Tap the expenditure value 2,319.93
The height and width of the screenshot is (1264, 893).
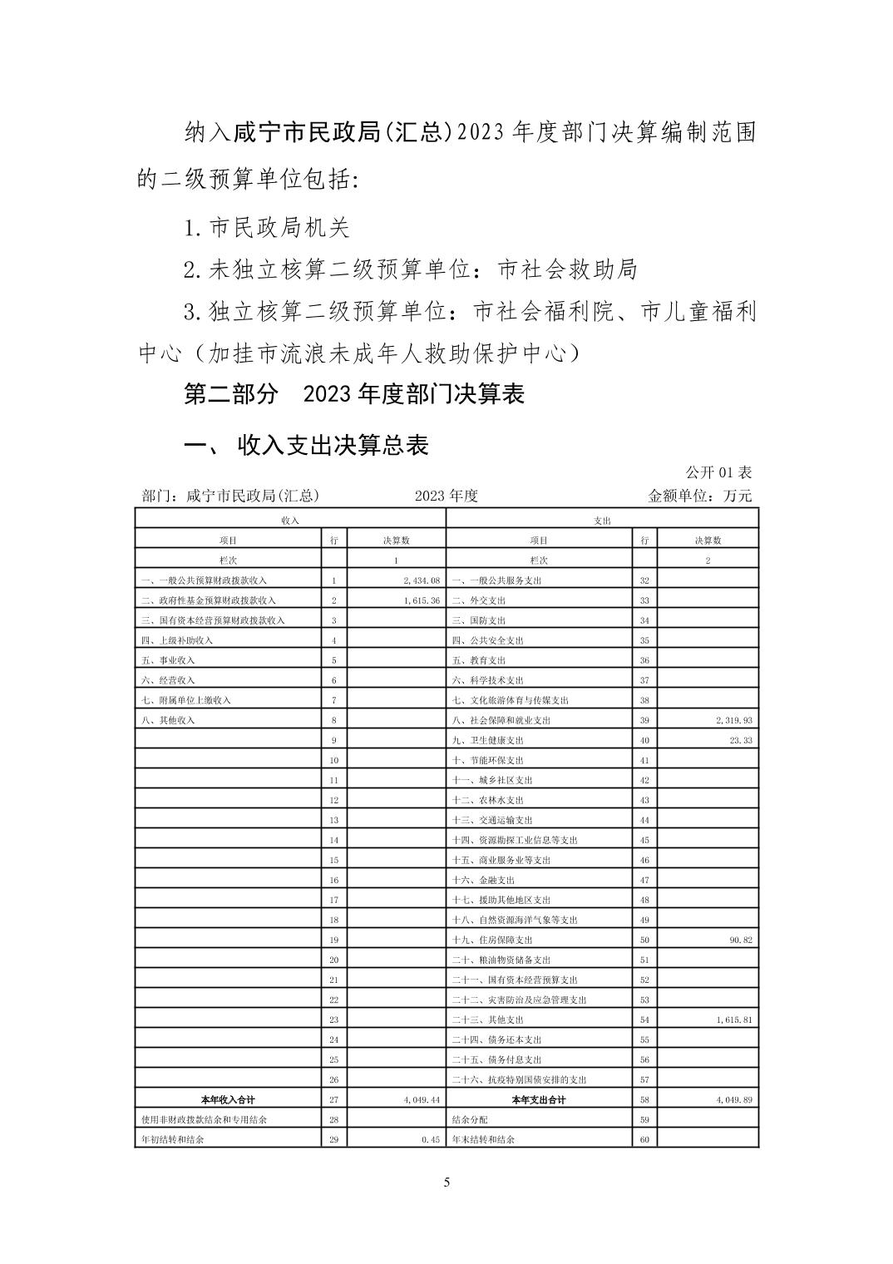pos(734,720)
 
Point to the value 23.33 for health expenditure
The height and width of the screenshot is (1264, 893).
pos(741,740)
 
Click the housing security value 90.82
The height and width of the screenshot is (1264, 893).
pos(741,940)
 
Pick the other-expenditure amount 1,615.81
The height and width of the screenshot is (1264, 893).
pos(734,1020)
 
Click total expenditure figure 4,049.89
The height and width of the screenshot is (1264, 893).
pos(734,1099)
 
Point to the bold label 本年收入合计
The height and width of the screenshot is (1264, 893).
pos(228,1099)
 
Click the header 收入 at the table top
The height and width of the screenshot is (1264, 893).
pos(290,520)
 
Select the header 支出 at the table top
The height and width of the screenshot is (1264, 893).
pos(603,520)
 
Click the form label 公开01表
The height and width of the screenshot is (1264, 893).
pos(718,472)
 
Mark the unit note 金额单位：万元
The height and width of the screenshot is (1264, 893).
pos(699,496)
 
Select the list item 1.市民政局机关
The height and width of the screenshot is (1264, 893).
pos(266,226)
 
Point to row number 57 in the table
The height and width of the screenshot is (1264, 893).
pos(644,1079)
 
